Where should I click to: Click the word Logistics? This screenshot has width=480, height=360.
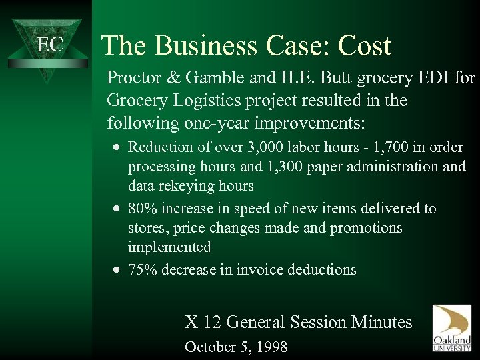pos(205,102)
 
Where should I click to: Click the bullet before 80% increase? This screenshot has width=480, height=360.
pos(117,209)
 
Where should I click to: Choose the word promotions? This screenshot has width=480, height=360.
pos(365,227)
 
